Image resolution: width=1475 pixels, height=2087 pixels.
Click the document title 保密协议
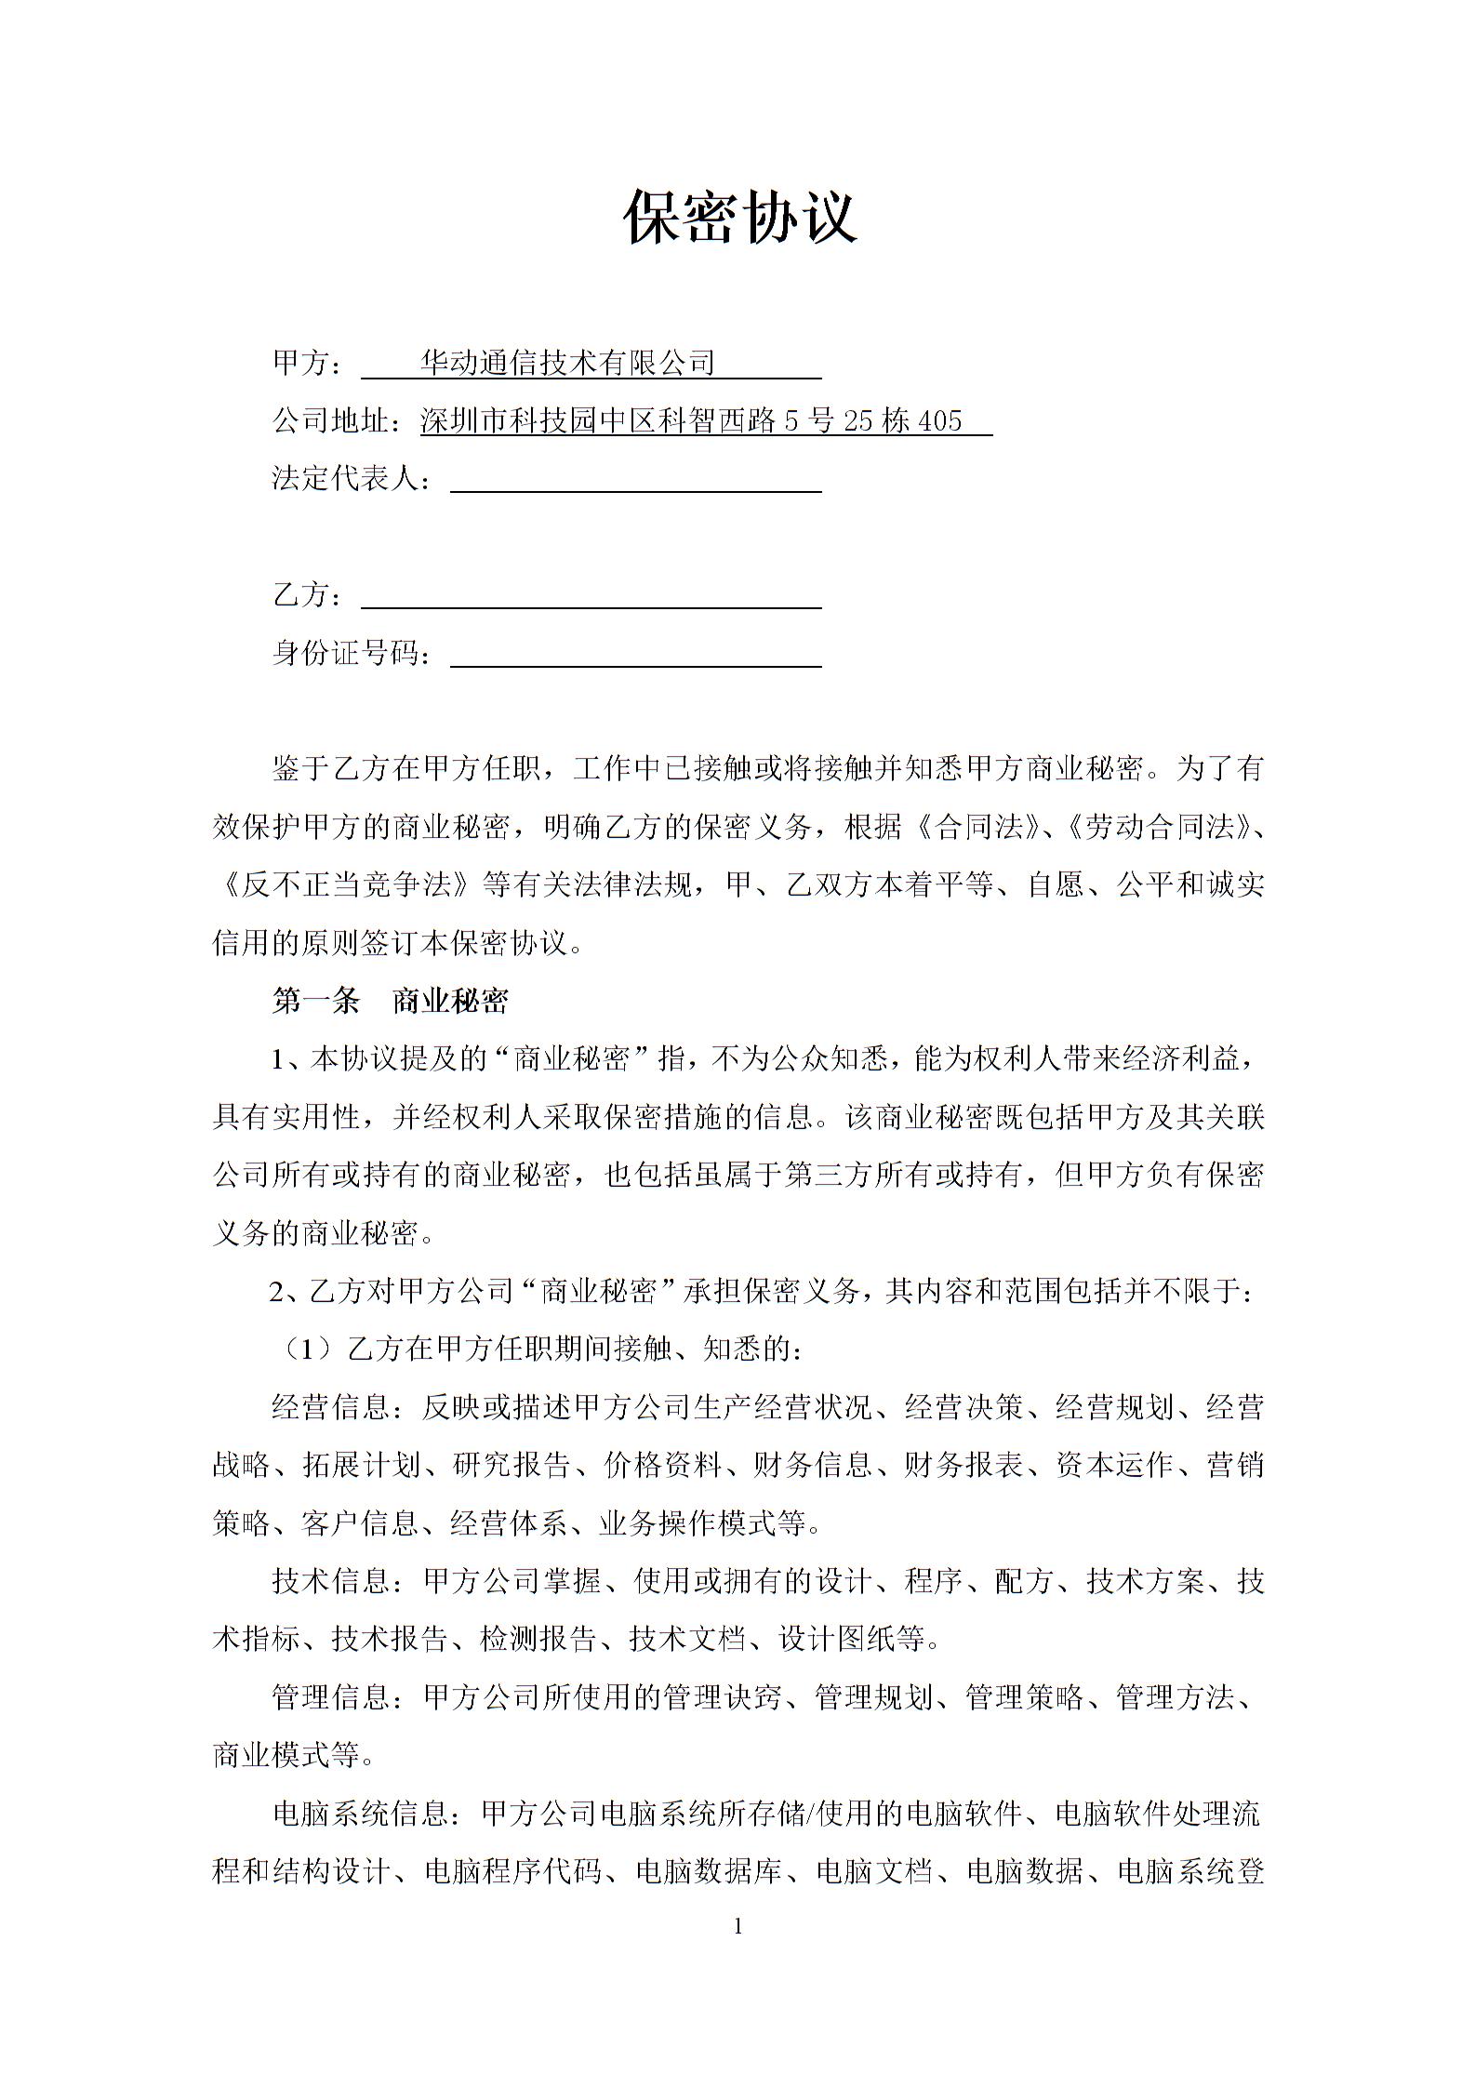tap(738, 218)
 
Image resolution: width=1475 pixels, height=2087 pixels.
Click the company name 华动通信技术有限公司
tap(567, 363)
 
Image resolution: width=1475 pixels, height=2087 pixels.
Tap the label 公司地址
tap(330, 421)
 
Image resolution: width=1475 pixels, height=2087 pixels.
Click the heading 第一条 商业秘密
tap(390, 1002)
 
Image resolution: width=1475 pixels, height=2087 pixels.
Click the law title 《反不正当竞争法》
tap(344, 884)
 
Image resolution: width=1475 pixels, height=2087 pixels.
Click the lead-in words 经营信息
tap(330, 1407)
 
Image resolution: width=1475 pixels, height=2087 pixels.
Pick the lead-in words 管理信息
tap(330, 1697)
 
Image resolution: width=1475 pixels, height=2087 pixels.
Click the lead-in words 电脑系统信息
tap(360, 1814)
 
